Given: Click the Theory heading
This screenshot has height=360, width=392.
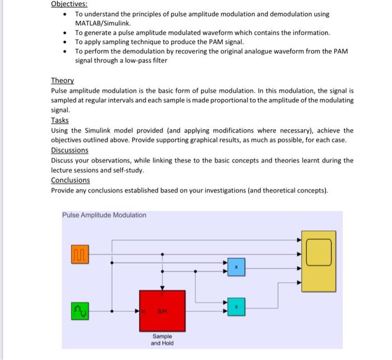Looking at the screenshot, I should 62,81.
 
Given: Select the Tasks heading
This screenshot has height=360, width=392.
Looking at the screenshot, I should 60,120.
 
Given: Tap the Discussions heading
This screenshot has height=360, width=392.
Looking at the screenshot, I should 69,150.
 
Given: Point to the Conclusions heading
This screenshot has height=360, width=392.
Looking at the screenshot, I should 71,180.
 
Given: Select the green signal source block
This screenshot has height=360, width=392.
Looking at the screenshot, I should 80,310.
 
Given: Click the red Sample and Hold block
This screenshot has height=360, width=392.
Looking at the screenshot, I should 162,310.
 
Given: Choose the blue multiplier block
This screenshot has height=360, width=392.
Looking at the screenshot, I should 236,268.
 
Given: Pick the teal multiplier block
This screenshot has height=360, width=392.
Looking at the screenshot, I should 236,306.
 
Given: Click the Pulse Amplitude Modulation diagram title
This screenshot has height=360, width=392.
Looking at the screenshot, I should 104,216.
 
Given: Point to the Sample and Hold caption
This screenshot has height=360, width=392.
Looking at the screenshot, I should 162,339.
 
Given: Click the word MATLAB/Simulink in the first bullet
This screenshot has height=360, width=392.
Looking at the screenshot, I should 103,24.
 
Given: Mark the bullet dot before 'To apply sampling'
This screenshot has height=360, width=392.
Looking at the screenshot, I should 66,42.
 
